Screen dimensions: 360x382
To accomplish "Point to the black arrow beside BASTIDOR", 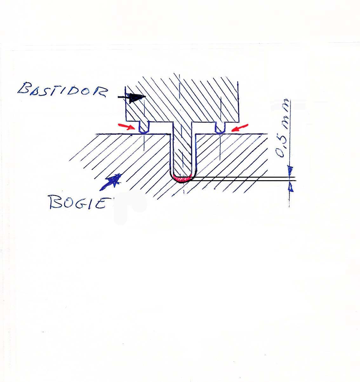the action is (132, 98).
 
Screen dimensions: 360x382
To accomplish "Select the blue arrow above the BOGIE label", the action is (111, 182).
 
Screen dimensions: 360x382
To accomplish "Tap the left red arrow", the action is (126, 126).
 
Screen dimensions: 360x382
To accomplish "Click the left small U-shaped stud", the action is (144, 127).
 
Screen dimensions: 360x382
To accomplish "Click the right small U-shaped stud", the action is (220, 127).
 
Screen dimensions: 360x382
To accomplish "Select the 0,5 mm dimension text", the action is (283, 128).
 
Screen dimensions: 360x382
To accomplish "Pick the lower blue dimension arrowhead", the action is (290, 187).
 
